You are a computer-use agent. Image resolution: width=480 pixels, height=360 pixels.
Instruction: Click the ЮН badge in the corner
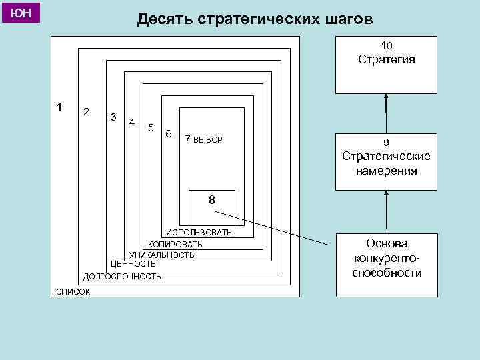coord(22,13)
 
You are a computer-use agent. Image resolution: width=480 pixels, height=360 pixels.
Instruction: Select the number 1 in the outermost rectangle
coord(60,107)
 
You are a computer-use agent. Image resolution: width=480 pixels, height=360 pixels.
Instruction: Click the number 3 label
coord(113,117)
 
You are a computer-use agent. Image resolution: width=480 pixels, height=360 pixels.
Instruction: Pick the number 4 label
coord(132,122)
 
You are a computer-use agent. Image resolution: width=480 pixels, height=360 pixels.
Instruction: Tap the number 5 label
coord(151,127)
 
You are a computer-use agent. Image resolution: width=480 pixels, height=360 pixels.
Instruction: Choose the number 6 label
coord(169,133)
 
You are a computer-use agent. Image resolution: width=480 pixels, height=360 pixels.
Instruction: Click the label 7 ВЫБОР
coord(203,139)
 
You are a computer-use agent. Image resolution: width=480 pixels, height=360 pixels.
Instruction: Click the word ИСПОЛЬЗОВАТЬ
coord(199,233)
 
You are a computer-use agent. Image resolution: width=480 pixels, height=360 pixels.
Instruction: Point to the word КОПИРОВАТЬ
coord(175,244)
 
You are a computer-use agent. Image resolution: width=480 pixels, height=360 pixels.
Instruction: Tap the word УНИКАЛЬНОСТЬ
coord(162,255)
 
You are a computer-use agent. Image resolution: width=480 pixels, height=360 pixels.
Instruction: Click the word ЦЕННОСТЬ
coord(133,264)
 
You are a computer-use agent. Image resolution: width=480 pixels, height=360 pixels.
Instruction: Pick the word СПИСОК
coord(73,291)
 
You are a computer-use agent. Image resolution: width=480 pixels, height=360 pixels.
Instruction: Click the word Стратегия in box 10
coord(386,60)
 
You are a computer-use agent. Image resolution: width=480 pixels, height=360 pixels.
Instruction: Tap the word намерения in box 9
coord(386,171)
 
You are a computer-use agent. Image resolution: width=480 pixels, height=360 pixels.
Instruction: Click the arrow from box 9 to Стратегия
coord(386,113)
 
